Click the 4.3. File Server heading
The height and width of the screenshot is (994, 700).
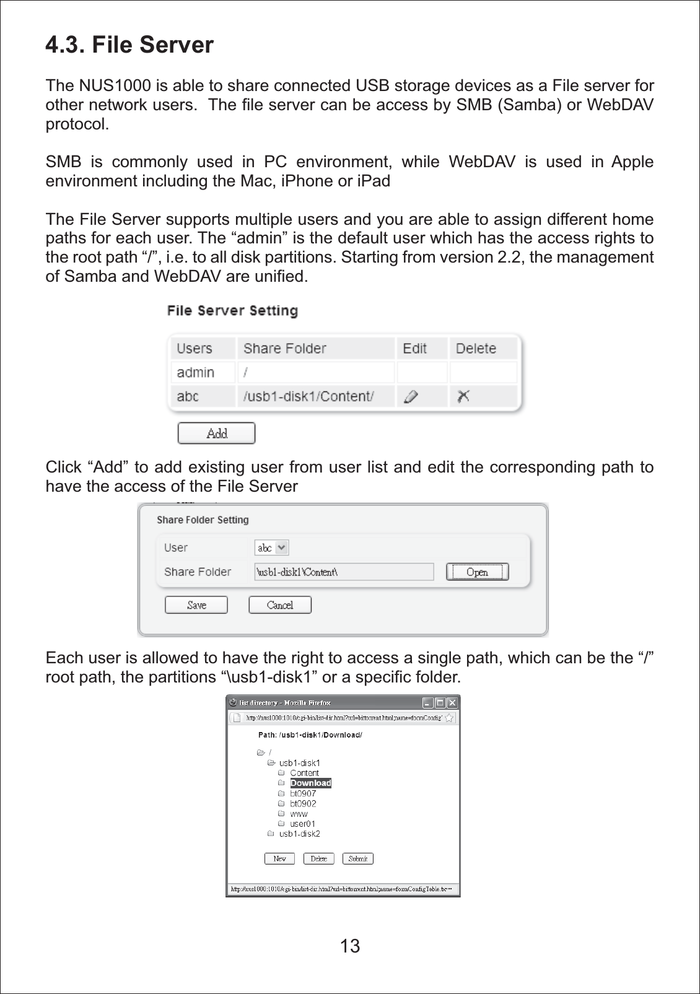(x=129, y=45)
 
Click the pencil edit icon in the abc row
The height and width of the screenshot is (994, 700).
(x=411, y=396)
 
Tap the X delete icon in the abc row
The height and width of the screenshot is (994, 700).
(x=463, y=396)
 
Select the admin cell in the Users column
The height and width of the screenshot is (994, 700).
(x=196, y=372)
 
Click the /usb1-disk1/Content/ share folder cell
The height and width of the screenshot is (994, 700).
(x=308, y=396)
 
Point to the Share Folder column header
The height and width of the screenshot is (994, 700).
(x=285, y=348)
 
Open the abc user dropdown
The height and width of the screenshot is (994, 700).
(x=272, y=547)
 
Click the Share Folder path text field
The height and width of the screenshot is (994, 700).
(x=344, y=572)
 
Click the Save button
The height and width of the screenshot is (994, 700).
(x=196, y=605)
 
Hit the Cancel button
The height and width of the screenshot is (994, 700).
(x=280, y=605)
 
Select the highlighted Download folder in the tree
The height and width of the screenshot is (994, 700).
(x=310, y=783)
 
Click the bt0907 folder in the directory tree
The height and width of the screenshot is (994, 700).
(x=303, y=793)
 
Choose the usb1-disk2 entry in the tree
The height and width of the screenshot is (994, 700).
(x=299, y=834)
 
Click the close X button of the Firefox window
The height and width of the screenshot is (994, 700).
(x=452, y=702)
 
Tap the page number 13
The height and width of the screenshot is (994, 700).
(x=350, y=946)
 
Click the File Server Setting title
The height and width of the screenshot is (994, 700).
(x=232, y=310)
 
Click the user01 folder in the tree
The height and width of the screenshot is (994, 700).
(x=302, y=824)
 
